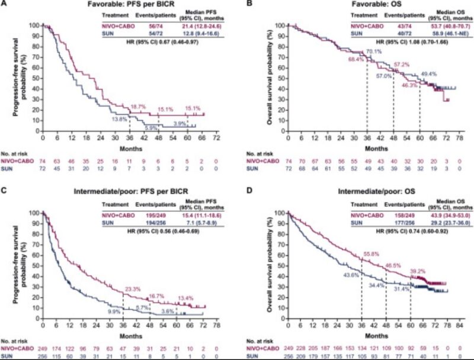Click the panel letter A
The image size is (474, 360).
tap(5, 5)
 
